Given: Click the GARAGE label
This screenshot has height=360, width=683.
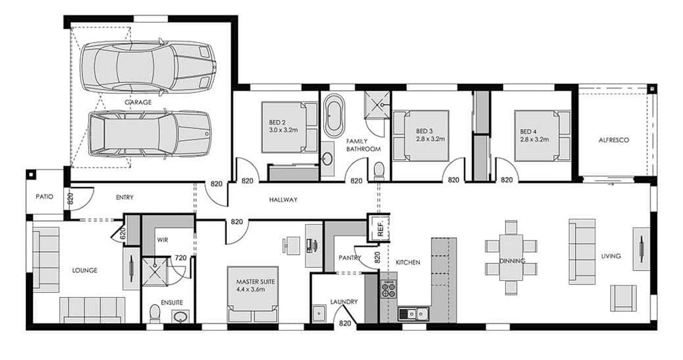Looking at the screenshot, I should coord(138,102).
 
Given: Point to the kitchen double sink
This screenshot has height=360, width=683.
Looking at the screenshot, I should coord(414,313).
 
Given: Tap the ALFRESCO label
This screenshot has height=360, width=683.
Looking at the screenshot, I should coord(614,140).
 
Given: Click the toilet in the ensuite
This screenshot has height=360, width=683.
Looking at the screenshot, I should coord(155,314).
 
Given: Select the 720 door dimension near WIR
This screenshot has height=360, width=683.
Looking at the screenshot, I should coord(181,258).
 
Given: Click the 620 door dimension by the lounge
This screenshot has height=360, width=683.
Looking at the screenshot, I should coord(123,234).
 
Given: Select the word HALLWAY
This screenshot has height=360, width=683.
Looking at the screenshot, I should coord(283,200).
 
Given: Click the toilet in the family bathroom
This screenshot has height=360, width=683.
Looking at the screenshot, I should coord(380,170).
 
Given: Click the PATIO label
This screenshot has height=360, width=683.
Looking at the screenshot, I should coord(44,197).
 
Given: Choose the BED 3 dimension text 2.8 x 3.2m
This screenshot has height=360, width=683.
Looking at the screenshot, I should coord(431,139).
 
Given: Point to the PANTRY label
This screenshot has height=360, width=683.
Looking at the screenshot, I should coord(350,257).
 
